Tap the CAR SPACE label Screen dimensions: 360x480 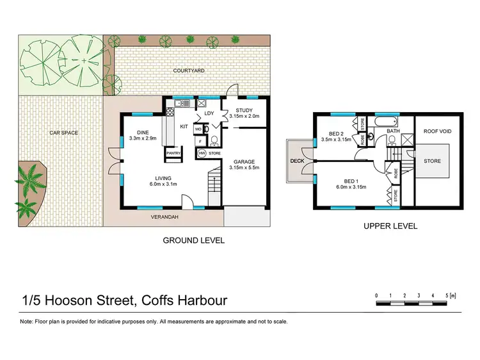click(64, 133)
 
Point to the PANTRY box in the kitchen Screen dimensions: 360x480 click(173, 154)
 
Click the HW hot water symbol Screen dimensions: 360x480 click(202, 153)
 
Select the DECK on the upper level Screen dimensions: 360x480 click(297, 161)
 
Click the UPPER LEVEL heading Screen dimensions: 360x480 click(390, 226)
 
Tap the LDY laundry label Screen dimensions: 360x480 click(209, 114)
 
